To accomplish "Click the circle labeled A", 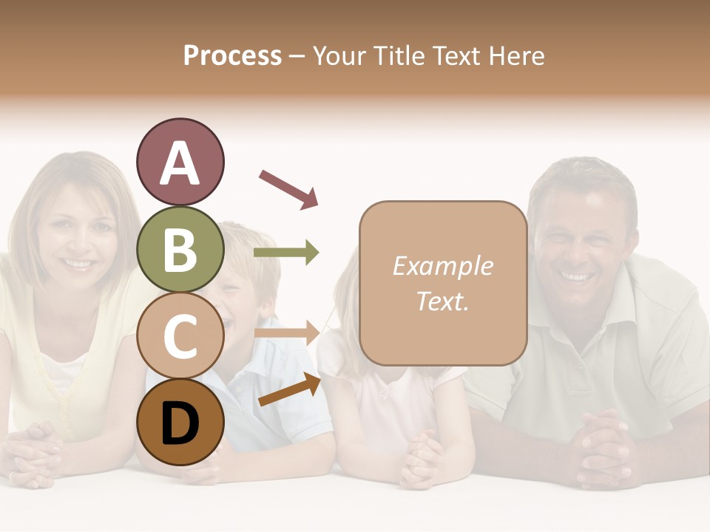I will [x=180, y=162].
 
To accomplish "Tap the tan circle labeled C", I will [x=180, y=335].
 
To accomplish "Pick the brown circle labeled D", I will [x=180, y=422].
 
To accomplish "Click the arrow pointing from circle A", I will [x=288, y=188].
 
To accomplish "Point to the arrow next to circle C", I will [x=287, y=332].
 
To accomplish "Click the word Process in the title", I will [x=232, y=55].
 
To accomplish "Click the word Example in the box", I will [x=442, y=266].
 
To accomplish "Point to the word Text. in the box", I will [x=442, y=301].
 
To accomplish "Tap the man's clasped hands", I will [x=606, y=447].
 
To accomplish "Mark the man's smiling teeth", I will [x=578, y=277].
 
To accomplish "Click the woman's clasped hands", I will [x=33, y=451].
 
